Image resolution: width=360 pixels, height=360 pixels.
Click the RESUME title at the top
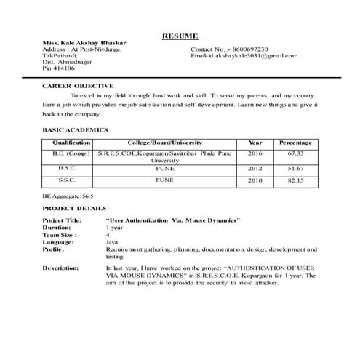coord(180,36)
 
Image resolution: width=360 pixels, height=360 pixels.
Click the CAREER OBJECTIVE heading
coord(72,86)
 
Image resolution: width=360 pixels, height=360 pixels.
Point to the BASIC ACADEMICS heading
coord(75,129)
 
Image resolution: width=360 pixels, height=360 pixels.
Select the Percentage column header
coord(295,143)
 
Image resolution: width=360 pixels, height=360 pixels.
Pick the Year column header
coord(255,143)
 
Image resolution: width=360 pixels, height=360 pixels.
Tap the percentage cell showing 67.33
coord(295,154)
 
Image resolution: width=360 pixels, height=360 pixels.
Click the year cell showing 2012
coord(255,168)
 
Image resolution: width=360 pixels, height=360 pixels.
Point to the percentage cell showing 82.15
coord(295,180)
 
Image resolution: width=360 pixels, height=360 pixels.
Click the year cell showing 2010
coord(255,180)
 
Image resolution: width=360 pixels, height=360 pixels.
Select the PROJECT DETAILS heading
coord(74,208)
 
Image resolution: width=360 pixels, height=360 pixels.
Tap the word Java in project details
coord(112,242)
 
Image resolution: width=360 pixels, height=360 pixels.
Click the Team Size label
coord(60,236)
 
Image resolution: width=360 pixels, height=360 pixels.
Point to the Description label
coord(60,268)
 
